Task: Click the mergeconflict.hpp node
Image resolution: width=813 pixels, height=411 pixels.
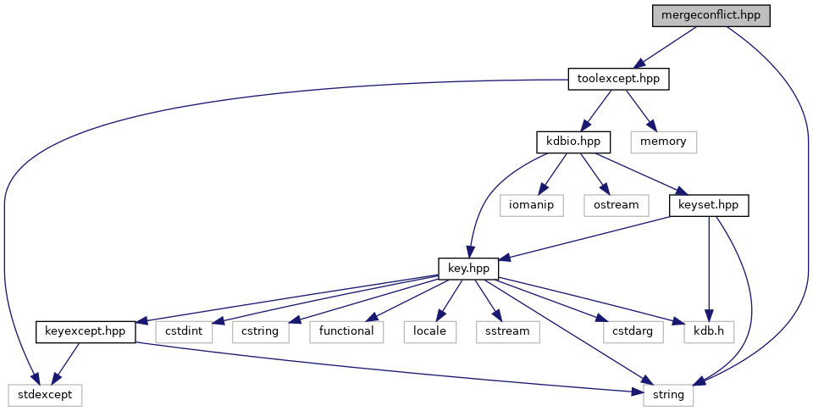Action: click(711, 15)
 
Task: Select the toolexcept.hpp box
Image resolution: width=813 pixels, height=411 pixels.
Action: click(618, 80)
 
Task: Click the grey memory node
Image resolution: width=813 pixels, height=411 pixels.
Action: click(664, 141)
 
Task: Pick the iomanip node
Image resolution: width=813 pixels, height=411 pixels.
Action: click(531, 204)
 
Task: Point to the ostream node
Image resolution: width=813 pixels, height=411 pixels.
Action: click(616, 204)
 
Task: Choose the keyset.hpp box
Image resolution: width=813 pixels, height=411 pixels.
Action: click(709, 204)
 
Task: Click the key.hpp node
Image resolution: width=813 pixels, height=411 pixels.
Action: click(468, 268)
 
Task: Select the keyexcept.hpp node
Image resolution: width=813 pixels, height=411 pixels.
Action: click(86, 331)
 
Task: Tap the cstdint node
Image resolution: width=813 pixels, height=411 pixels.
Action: click(184, 331)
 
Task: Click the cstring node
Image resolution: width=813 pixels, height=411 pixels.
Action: click(260, 331)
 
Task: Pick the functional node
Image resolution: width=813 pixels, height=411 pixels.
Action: click(346, 331)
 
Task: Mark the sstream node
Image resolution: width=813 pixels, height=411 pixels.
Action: click(508, 331)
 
